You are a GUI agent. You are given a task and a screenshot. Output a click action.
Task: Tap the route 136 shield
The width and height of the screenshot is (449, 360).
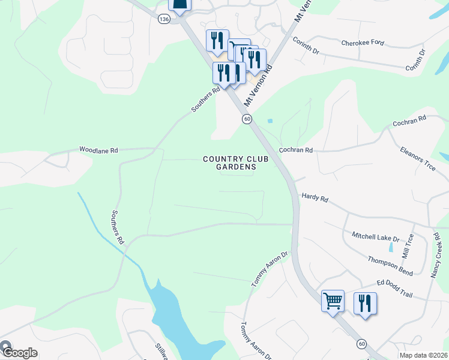coord(164,19)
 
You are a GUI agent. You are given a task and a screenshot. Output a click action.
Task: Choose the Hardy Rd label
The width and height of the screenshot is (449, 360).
coord(315,196)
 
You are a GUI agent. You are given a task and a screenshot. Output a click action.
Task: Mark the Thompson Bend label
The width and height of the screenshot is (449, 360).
coord(391,263)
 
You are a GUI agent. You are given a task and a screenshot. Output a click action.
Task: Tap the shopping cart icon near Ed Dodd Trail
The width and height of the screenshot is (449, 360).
coord(333,301)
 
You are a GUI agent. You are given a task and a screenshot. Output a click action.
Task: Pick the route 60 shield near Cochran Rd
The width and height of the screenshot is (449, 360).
coord(247,119)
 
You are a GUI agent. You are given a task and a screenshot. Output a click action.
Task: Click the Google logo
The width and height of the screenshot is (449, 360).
coord(19,352)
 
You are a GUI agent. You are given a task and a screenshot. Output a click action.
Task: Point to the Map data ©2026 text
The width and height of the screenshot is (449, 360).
coord(424,355)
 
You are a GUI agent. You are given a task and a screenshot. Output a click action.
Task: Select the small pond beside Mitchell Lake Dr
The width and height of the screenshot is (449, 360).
coord(391,247)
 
